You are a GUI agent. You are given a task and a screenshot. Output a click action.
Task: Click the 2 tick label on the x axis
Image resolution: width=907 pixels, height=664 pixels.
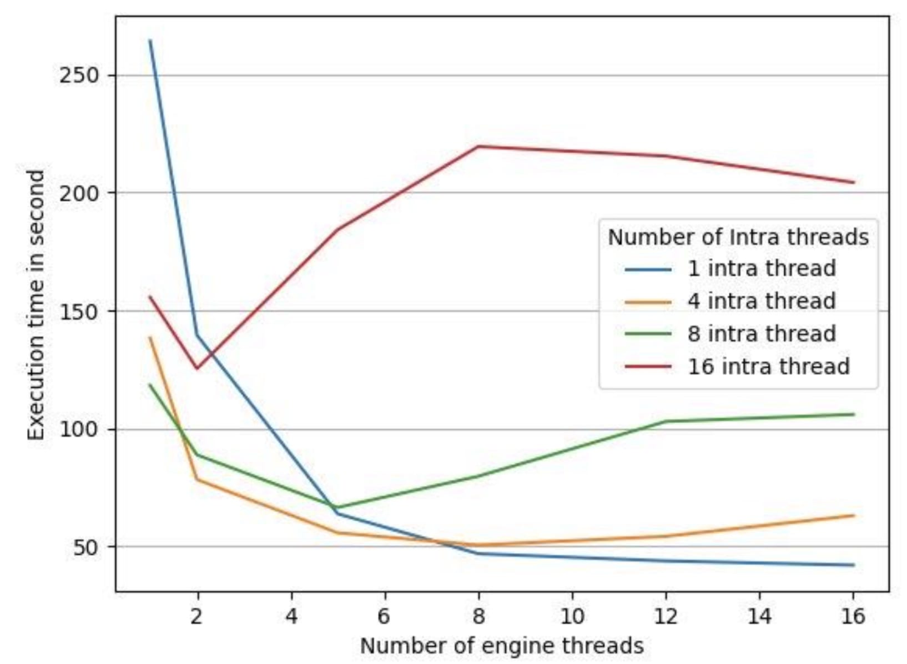coord(196,616)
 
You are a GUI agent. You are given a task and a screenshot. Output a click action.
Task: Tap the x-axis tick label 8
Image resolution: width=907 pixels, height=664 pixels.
coord(478,616)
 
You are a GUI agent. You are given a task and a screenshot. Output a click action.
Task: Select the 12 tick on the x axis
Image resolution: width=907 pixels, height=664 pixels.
coord(666,616)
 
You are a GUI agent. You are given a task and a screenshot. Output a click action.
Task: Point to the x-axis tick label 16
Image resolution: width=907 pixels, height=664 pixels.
coord(853,616)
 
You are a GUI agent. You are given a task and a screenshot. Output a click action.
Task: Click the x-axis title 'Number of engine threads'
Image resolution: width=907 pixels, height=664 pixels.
coord(502,646)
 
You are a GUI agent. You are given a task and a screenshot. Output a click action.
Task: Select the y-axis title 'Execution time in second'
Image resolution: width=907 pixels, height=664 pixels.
coord(37,305)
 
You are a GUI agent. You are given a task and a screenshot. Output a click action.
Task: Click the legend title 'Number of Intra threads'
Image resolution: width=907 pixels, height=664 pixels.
coord(738,238)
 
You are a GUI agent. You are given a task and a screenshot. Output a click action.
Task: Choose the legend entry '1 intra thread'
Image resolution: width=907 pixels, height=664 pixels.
coord(761,269)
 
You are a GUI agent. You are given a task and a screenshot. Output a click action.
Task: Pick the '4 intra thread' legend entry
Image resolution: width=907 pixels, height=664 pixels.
coord(761,301)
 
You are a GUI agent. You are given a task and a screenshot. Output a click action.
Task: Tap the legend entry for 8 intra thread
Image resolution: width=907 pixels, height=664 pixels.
coord(761,334)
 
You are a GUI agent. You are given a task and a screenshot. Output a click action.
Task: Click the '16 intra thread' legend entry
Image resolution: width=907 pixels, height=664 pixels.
coord(768,367)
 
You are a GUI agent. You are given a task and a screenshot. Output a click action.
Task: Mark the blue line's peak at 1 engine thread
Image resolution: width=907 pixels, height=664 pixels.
coord(150,41)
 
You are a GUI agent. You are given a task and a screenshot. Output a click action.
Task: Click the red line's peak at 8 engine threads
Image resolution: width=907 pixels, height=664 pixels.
coord(478,147)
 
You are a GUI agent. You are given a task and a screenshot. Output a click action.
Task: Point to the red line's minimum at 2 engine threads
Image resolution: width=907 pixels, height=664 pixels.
coord(196,368)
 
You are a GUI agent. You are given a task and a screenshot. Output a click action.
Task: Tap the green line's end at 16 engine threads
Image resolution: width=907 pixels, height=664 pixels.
coord(853,414)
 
